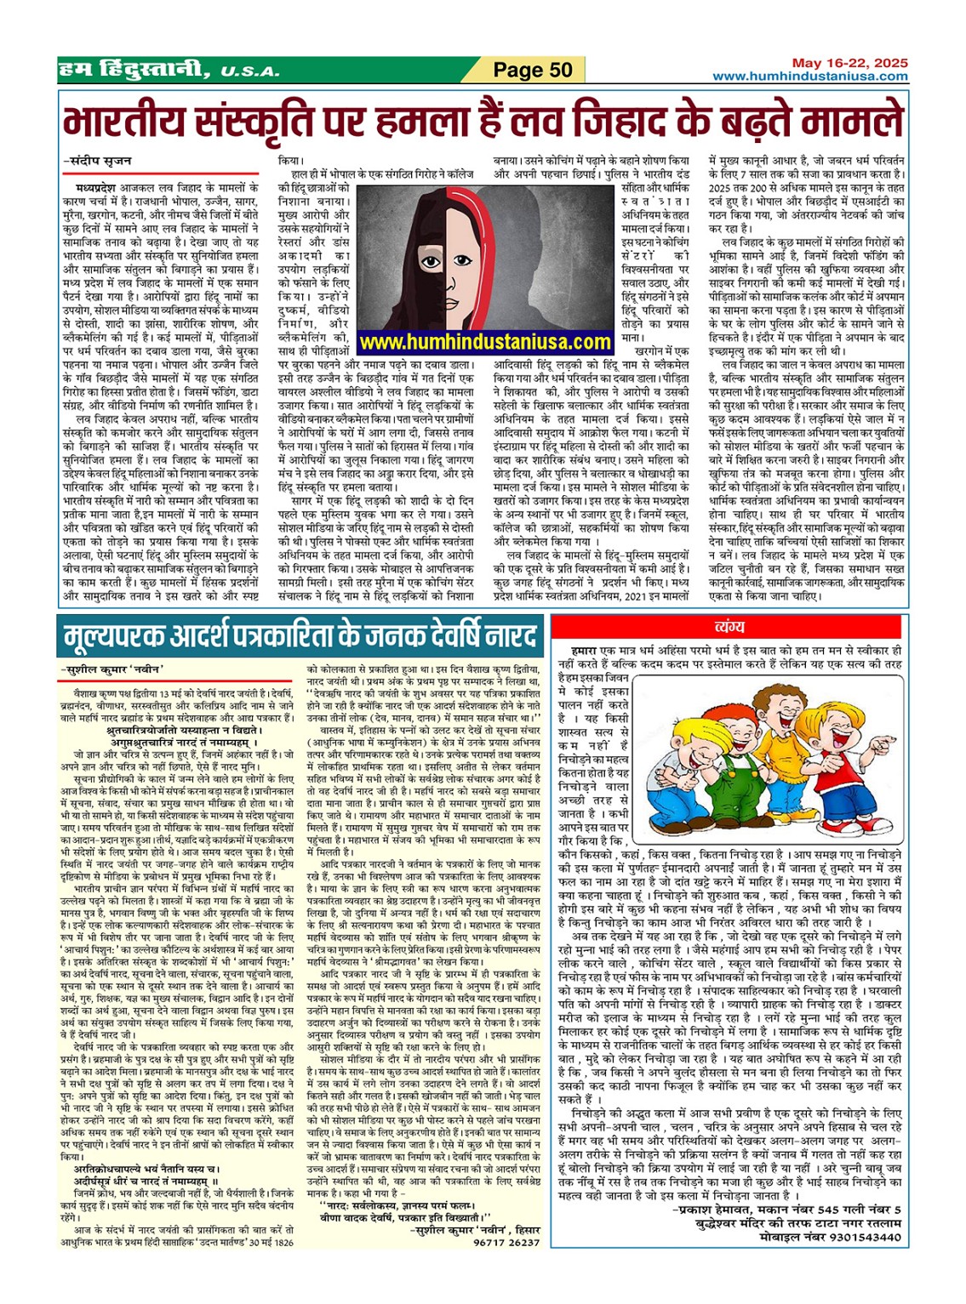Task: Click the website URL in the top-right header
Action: [x=810, y=77]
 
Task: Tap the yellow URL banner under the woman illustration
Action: [x=485, y=342]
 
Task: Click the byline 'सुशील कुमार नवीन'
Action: [x=116, y=669]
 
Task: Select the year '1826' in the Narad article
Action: [x=285, y=1242]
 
